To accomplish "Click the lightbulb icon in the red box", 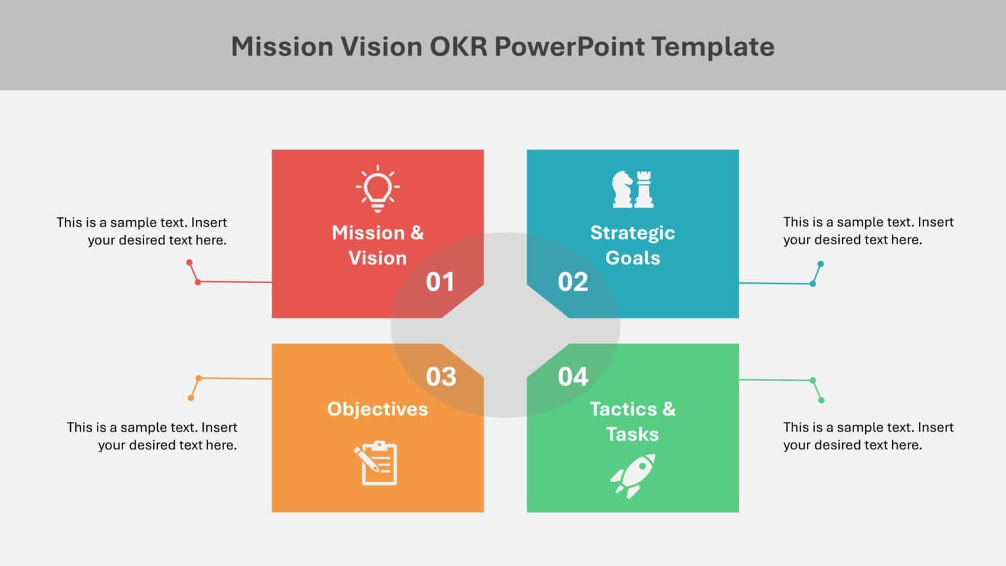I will tap(377, 189).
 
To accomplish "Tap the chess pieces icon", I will tap(633, 189).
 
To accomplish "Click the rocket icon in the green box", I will tap(633, 476).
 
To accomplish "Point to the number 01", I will tap(440, 282).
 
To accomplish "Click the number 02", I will tap(573, 282).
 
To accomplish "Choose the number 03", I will tap(441, 377).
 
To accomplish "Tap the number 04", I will tap(573, 377).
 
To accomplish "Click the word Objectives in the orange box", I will tap(377, 409).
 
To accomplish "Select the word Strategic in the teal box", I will tap(633, 233).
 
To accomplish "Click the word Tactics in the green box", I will tap(623, 409).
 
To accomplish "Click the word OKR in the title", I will tap(458, 47).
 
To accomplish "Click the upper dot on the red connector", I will tap(189, 263).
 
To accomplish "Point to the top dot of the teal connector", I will tap(821, 264).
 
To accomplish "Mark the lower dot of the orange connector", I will tap(191, 398).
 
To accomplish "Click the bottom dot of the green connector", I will tap(821, 400).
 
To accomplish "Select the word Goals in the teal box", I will tap(633, 258).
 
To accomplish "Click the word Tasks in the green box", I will tap(633, 434).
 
